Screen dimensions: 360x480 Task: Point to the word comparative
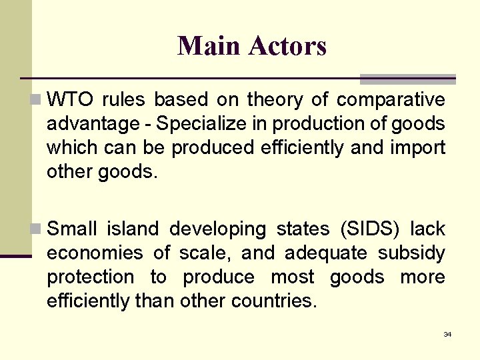tap(391, 100)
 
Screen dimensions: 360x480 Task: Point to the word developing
tap(218, 230)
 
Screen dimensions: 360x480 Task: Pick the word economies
tap(95, 253)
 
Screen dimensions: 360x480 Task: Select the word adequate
tap(326, 254)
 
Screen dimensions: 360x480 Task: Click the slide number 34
tap(447, 334)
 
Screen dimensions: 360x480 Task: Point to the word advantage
tap(89, 125)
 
